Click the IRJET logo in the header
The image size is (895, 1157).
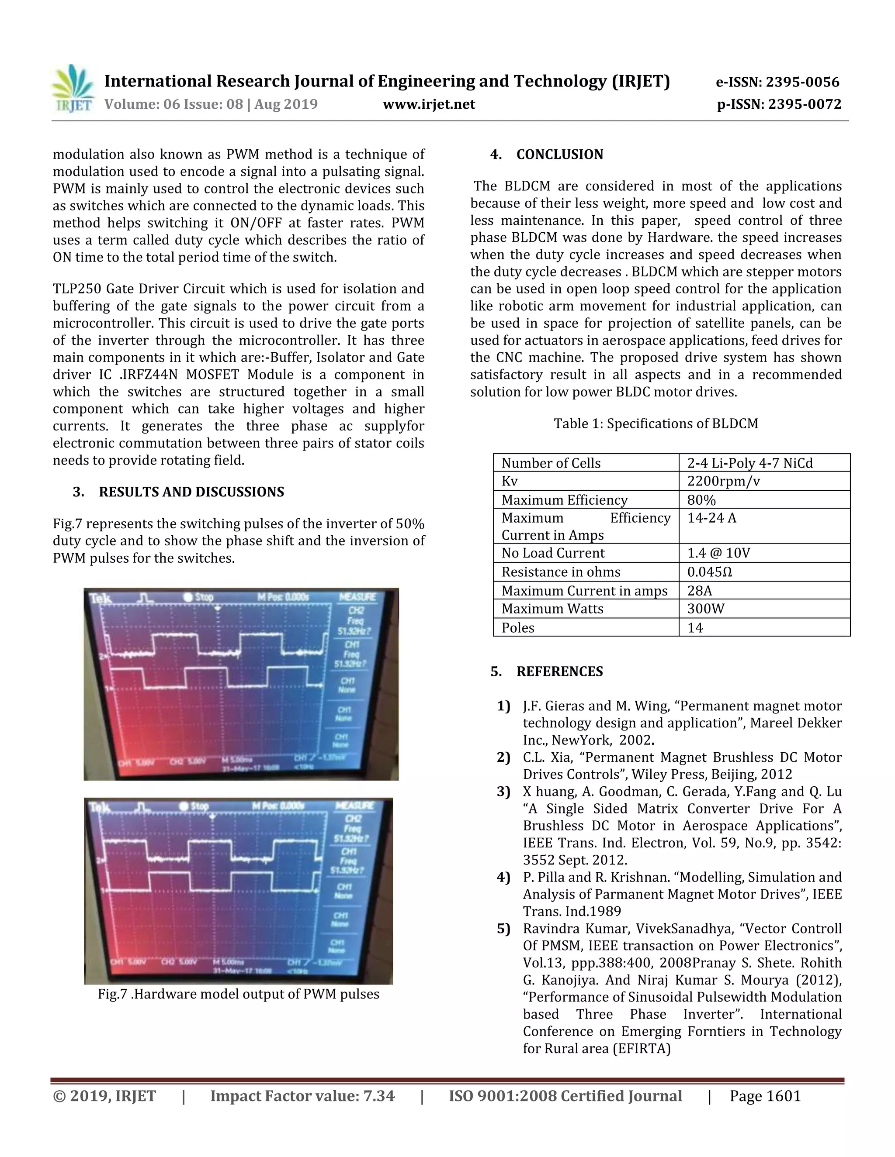point(73,89)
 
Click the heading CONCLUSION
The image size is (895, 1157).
point(559,155)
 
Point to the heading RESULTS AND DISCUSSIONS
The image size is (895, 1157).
point(191,492)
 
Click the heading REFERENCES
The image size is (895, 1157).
point(559,672)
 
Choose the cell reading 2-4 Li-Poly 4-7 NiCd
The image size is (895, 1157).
point(750,464)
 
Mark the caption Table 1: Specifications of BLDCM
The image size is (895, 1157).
point(656,424)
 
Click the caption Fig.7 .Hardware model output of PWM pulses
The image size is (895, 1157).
point(239,994)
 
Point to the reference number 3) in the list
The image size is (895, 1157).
point(504,792)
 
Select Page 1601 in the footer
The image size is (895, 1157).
point(765,1096)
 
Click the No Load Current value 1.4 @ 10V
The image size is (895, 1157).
point(718,554)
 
